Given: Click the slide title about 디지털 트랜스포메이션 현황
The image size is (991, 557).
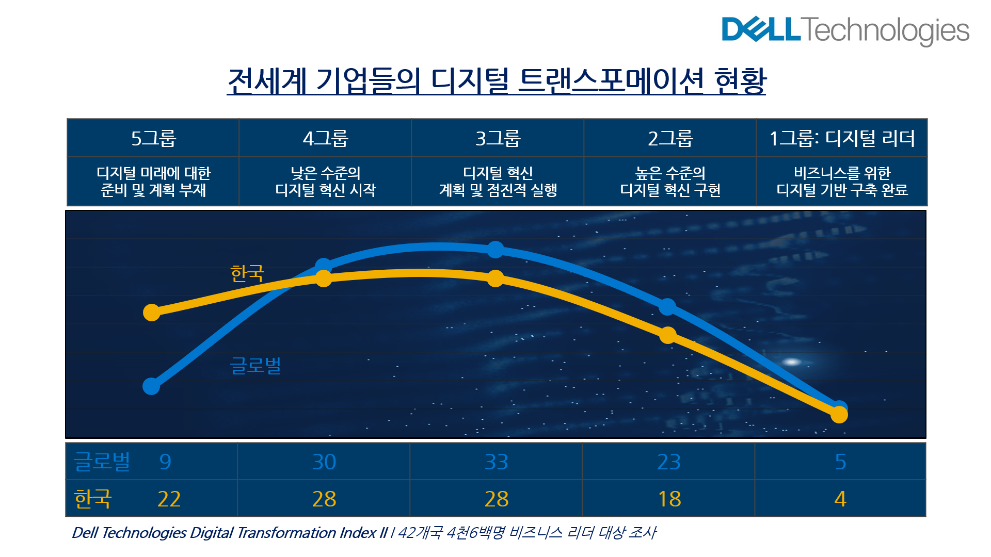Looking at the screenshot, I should pyautogui.click(x=496, y=81).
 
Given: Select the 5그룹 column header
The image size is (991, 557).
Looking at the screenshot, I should pyautogui.click(x=153, y=138).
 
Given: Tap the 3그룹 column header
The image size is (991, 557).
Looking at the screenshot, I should pyautogui.click(x=498, y=138).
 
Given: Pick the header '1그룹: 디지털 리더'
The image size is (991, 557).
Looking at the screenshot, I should pyautogui.click(x=842, y=138).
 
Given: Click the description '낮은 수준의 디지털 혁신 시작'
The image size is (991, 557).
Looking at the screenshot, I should pyautogui.click(x=325, y=182).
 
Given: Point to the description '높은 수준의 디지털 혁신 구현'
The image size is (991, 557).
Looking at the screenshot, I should pyautogui.click(x=670, y=182).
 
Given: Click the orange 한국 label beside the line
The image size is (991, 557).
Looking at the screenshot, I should pyautogui.click(x=247, y=273).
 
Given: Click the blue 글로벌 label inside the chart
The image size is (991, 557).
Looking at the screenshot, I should pyautogui.click(x=255, y=365).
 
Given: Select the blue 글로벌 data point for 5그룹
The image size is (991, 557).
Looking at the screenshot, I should pyautogui.click(x=151, y=386).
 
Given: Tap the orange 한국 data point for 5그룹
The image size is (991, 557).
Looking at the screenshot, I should pyautogui.click(x=152, y=312).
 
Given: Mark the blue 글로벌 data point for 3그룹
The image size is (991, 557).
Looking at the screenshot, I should pyautogui.click(x=495, y=250).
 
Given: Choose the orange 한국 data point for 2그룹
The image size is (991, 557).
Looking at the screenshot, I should pyautogui.click(x=668, y=335).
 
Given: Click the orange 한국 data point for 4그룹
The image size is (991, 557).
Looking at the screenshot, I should pyautogui.click(x=324, y=278).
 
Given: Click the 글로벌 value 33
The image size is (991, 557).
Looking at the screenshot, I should pyautogui.click(x=496, y=462).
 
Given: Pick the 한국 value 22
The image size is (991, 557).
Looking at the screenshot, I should pyautogui.click(x=169, y=499).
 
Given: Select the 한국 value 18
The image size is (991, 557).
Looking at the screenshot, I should pyautogui.click(x=669, y=499).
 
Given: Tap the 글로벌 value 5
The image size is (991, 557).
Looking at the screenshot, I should pyautogui.click(x=840, y=462).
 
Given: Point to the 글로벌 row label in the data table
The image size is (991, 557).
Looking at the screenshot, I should pyautogui.click(x=102, y=461).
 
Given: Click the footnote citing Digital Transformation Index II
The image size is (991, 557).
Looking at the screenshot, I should pyautogui.click(x=363, y=532).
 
